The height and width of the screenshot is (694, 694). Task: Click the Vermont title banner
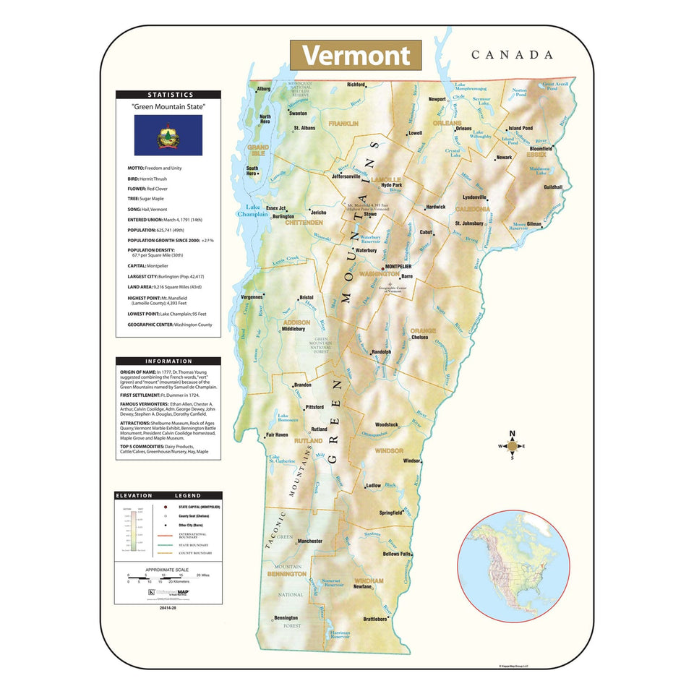[x=356, y=56]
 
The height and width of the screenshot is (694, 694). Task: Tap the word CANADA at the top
[x=512, y=55]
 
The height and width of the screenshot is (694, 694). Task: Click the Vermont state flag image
[x=168, y=135]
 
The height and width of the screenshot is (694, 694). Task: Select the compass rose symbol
[x=513, y=446]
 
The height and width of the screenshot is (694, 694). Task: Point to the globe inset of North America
[x=513, y=566]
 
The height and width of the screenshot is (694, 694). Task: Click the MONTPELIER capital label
[x=403, y=267]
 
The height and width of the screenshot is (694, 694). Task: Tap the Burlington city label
[x=283, y=216]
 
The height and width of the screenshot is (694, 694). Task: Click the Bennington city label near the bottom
[x=286, y=618]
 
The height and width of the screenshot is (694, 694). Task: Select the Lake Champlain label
[x=253, y=210]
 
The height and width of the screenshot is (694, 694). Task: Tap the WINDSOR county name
[x=389, y=450]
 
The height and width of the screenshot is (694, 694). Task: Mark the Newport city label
[x=437, y=99]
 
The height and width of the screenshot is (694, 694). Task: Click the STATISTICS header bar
[x=168, y=95]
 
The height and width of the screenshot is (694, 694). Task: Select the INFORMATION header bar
[x=168, y=361]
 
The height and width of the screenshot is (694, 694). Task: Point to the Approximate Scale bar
[x=168, y=576]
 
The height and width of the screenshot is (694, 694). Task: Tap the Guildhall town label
[x=553, y=187]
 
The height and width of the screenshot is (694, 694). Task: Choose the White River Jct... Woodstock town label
[x=387, y=424]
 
